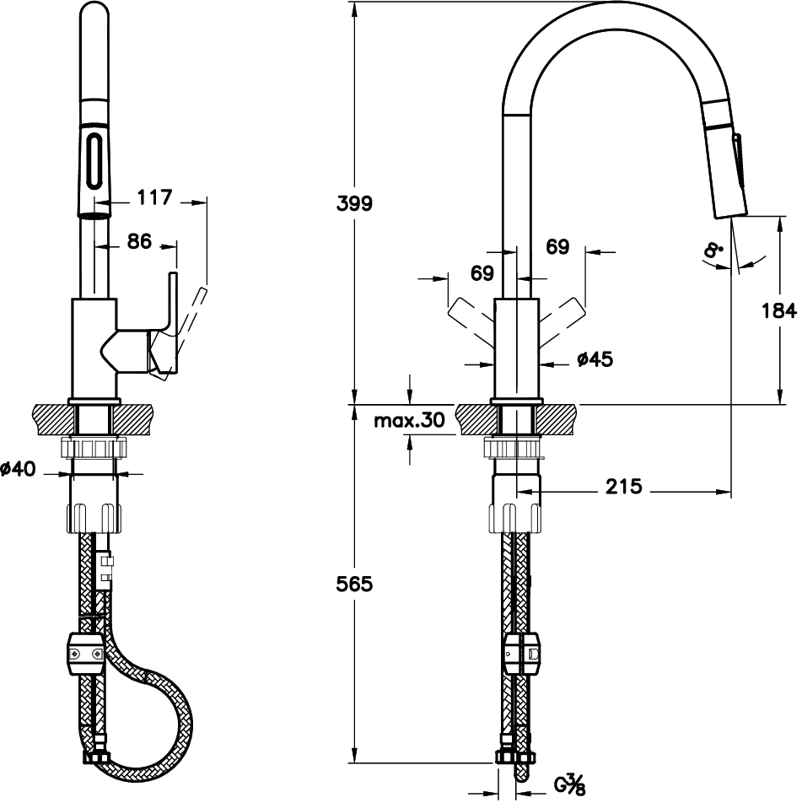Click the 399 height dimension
coord(354,203)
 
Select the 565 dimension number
coord(354,584)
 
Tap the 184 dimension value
coord(779,310)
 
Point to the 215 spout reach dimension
coord(623,486)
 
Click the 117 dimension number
coord(154,197)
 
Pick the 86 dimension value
coord(139,241)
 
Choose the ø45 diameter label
coord(595,359)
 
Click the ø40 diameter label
coord(19,468)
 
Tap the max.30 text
coord(409,420)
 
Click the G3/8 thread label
coord(569,784)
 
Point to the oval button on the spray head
coord(94,160)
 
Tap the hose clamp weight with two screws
coord(85,654)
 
